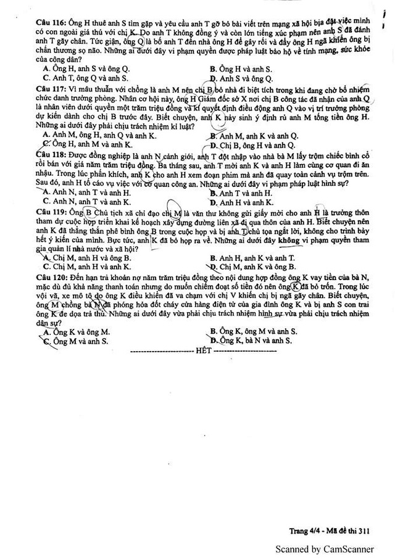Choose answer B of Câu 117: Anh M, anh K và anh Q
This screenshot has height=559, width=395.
[x=253, y=135]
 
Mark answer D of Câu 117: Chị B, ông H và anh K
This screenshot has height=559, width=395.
[x=253, y=144]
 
